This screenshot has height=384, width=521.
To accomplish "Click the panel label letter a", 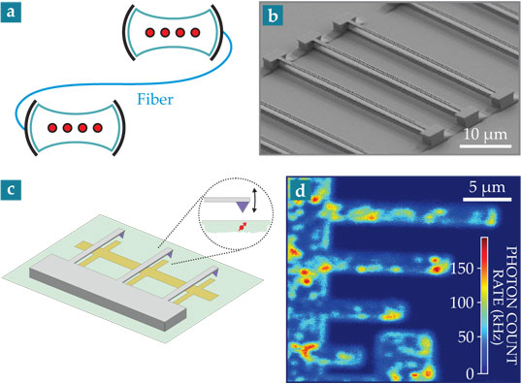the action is point(11,13).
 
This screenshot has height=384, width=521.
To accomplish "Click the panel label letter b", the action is point(273,16).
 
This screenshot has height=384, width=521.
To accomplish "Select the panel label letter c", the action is point(11,190).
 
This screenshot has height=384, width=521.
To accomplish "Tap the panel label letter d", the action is point(301,191).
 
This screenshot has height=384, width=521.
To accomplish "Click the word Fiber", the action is point(155,99).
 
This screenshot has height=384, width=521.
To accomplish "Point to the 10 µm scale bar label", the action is point(485,134).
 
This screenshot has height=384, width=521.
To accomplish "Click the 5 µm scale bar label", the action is point(487,187).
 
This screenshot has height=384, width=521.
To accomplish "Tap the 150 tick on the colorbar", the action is point(462,268).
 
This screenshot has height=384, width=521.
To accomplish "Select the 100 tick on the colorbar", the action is point(462,303).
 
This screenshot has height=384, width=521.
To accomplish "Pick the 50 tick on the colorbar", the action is point(466,337).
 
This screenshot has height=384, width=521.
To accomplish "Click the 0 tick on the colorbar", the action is point(470,374).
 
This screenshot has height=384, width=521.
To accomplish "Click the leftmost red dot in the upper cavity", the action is point(150,33).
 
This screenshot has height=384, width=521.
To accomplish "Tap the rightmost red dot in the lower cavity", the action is point(97,128).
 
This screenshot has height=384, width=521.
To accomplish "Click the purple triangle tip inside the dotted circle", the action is point(243,211).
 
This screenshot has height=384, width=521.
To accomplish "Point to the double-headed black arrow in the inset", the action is point(255,201).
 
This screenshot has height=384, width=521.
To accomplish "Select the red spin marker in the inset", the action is point(242,227).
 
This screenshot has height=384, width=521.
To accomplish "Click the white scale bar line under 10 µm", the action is point(485,146).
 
